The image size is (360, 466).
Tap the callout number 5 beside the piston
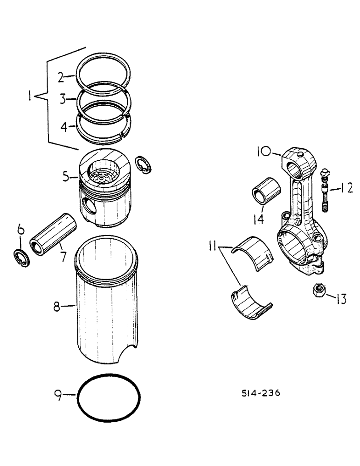click(x=66, y=177)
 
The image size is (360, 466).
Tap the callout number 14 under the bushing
click(x=258, y=218)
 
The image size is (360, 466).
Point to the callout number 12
click(x=346, y=189)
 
